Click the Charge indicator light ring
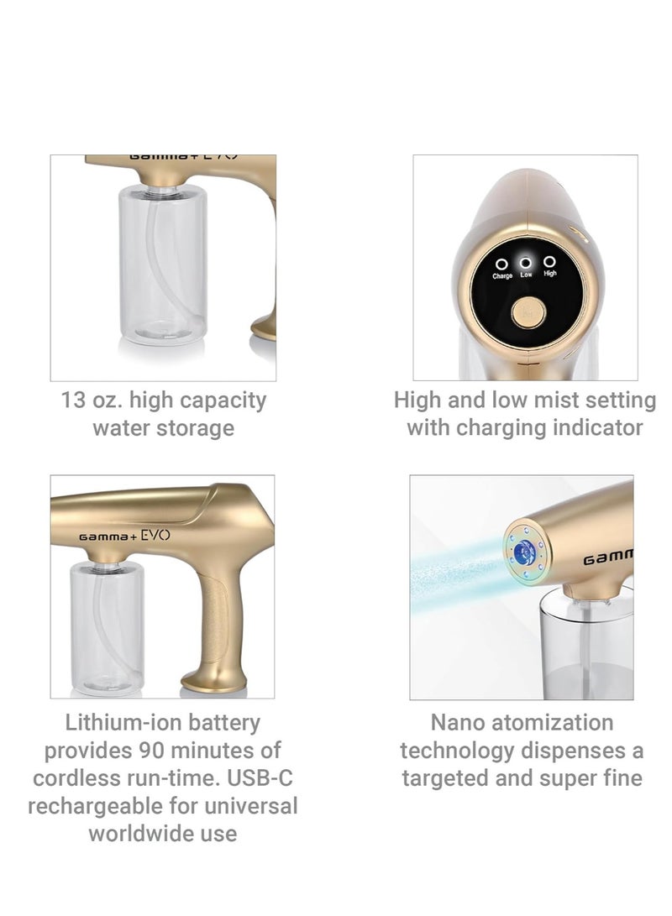[501, 264]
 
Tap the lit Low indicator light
[525, 261]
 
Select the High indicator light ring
[549, 262]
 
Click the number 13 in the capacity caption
[74, 400]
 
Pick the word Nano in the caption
[459, 722]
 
